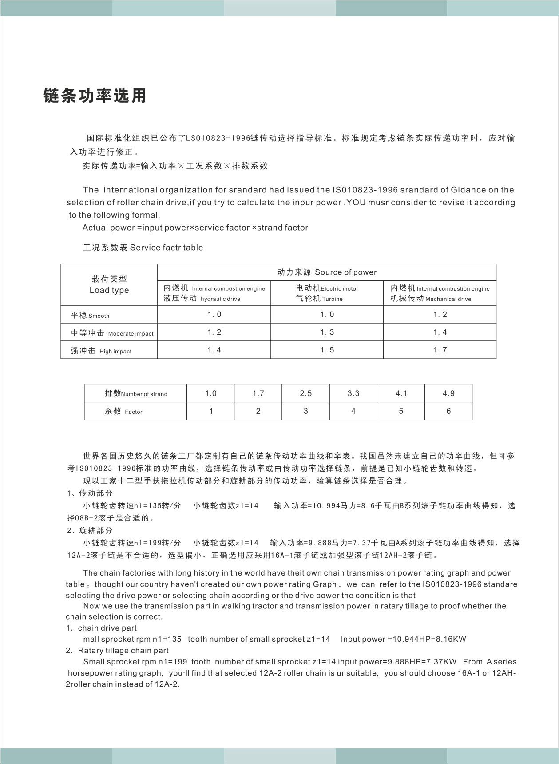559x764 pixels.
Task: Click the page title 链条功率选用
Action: [95, 96]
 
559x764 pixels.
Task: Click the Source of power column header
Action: [327, 272]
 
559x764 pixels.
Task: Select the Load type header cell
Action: [109, 284]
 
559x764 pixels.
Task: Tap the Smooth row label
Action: [90, 315]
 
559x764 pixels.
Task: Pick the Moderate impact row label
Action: [112, 333]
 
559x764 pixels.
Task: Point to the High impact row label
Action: [101, 351]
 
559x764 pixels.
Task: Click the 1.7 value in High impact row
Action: [440, 350]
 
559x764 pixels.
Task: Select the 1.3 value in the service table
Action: [327, 332]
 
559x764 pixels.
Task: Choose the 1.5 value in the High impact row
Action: [327, 350]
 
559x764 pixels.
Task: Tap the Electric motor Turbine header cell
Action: [327, 293]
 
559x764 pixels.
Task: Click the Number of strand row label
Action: [136, 393]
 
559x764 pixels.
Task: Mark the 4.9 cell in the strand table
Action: [448, 393]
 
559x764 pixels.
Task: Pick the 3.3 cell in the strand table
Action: [353, 393]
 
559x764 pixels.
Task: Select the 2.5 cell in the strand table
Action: [305, 393]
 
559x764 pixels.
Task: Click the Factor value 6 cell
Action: [448, 411]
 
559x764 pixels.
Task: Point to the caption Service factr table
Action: [143, 248]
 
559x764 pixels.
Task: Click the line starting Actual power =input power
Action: [195, 228]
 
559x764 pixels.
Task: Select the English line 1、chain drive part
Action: [101, 628]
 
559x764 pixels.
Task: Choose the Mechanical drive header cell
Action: [440, 293]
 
